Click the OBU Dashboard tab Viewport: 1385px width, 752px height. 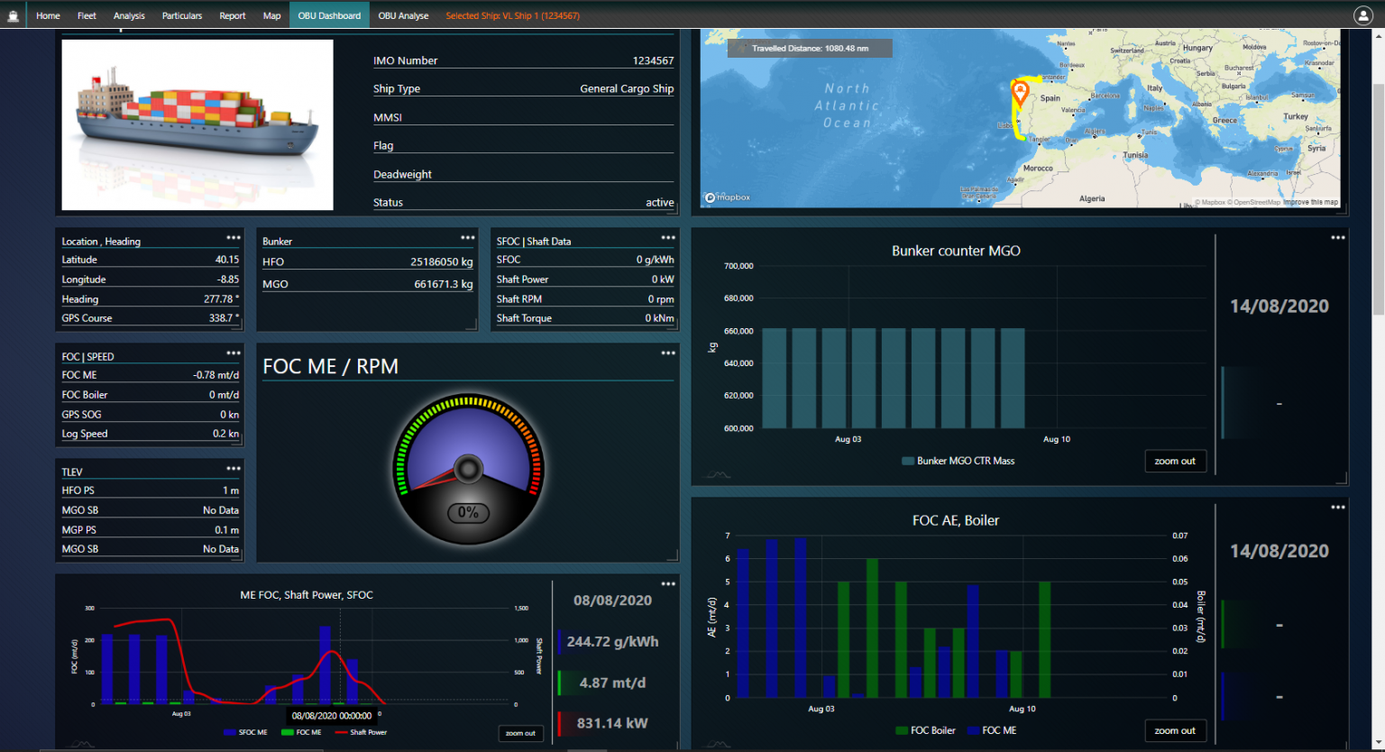coord(329,15)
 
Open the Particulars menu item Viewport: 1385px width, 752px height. coord(182,15)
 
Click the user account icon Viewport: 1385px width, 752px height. coord(1362,15)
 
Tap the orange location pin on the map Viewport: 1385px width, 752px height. coord(1020,91)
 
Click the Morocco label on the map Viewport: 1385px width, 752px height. coord(1038,169)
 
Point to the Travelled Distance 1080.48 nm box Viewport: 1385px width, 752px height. coord(810,49)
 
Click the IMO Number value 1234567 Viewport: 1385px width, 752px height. coord(653,61)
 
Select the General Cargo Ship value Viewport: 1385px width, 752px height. coord(627,89)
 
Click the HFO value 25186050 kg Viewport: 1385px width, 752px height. coord(441,262)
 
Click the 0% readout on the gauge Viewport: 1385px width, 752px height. coord(468,513)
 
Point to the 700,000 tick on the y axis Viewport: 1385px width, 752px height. coord(738,266)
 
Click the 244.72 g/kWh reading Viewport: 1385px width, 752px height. coord(612,642)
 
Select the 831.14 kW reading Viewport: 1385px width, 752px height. coord(612,723)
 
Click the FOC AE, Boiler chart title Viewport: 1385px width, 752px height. coord(956,520)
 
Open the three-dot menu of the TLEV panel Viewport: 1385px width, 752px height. coord(234,469)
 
